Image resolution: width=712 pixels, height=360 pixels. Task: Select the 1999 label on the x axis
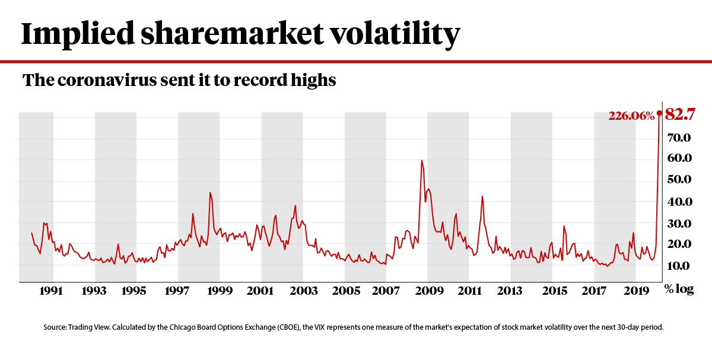(220, 292)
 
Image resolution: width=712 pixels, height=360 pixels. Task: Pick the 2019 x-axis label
(635, 292)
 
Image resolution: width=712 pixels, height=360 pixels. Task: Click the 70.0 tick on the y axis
(680, 138)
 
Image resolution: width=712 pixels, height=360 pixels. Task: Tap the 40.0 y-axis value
(680, 202)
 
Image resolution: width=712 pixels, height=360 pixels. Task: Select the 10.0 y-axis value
(680, 266)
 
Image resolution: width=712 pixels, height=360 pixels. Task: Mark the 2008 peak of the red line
(421, 160)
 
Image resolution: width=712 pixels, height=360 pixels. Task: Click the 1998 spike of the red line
(210, 192)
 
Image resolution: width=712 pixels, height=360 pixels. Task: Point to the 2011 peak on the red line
(482, 196)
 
